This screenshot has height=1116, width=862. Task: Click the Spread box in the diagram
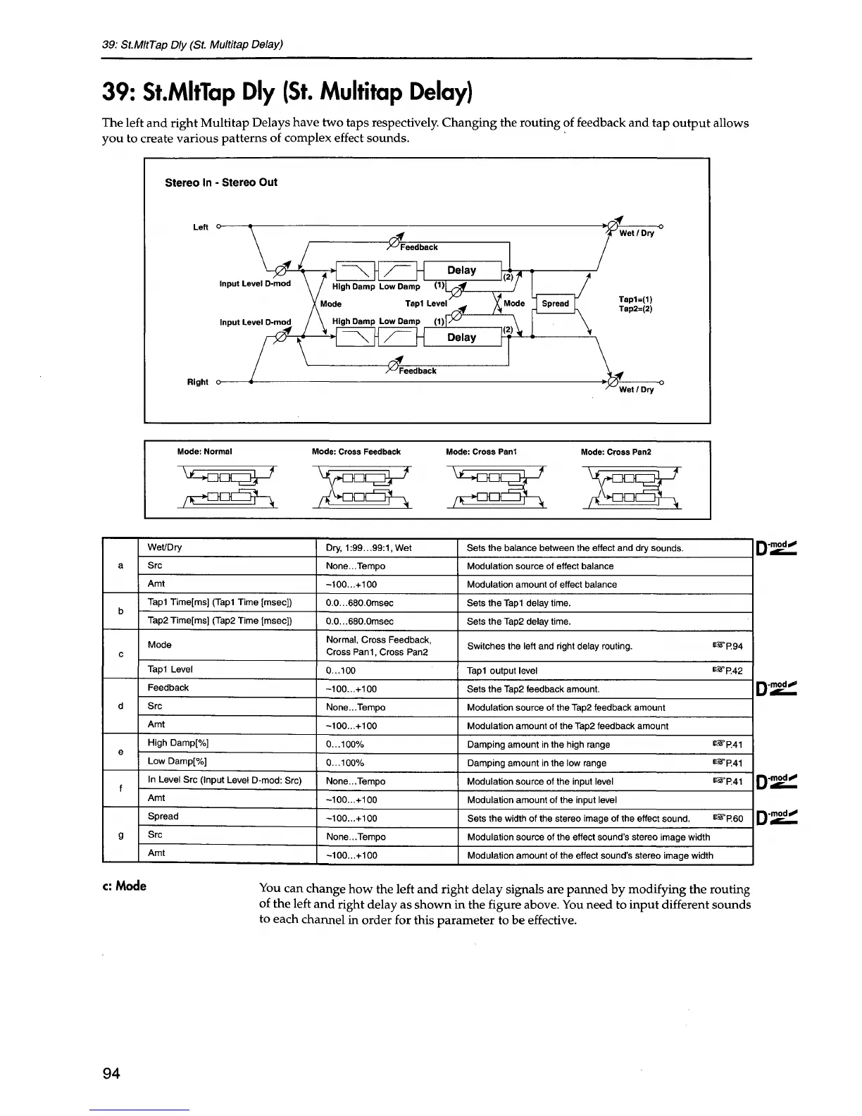pos(556,304)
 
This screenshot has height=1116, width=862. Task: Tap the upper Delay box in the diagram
pos(461,271)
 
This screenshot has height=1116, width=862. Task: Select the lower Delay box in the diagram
pos(461,337)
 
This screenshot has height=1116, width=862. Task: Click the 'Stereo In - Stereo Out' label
pos(220,182)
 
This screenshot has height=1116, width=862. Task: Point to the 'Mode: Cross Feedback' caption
pos(356,452)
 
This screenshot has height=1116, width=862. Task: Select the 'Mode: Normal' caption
pos(205,452)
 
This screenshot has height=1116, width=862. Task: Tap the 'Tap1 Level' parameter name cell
pos(170,669)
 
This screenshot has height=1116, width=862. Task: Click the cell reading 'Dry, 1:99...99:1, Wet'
pos(369,547)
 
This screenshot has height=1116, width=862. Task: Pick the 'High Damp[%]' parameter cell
pos(177,743)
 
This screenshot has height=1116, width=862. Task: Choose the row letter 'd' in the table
pos(121,706)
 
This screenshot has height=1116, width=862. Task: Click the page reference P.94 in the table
pos(728,646)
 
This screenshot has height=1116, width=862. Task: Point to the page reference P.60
pos(728,819)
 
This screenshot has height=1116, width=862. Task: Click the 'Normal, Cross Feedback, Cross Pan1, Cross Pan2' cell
pos(378,645)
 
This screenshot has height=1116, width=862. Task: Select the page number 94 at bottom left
pos(111,1073)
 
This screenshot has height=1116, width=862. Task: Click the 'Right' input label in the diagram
pos(197,382)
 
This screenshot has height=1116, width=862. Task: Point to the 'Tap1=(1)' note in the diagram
pos(635,299)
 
